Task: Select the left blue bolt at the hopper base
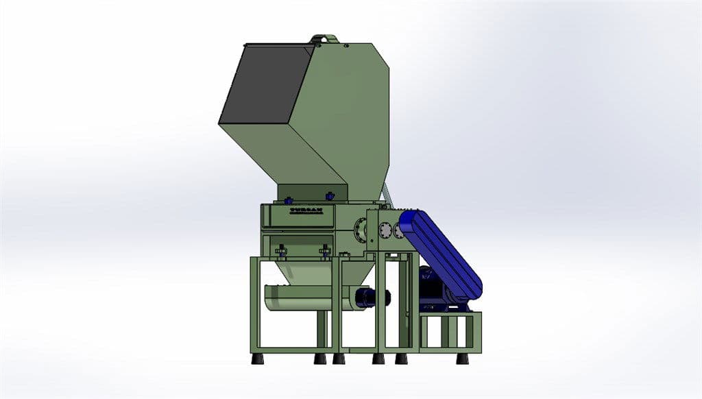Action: (x=287, y=201)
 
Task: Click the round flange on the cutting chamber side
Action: (x=360, y=231)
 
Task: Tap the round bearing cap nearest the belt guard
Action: (x=398, y=231)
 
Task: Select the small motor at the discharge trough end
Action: (x=371, y=298)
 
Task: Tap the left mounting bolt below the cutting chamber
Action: (x=280, y=254)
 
